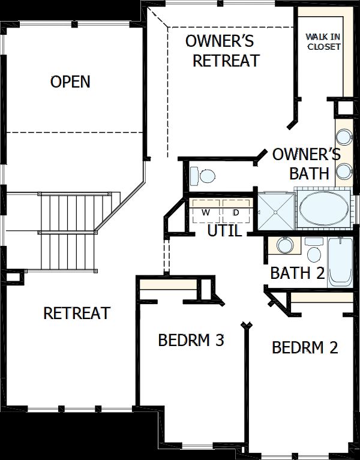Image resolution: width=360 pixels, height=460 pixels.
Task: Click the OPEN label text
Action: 71,82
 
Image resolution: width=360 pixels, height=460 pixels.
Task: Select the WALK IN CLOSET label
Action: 323,41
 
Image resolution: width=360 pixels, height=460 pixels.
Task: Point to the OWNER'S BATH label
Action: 306,163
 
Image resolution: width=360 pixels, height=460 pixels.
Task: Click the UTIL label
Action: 224,230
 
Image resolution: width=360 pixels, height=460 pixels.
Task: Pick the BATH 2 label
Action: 298,273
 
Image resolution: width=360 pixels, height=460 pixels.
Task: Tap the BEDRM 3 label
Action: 191,341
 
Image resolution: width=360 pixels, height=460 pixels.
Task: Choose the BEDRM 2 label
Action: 304,347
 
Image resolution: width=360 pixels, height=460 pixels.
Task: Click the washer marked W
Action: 205,212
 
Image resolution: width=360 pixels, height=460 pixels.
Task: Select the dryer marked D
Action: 236,212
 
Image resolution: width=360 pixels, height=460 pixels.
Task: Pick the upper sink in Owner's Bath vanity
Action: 344,136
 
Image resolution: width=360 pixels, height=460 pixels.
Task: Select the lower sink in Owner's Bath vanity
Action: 344,172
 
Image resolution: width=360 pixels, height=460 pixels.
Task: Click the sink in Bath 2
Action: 285,245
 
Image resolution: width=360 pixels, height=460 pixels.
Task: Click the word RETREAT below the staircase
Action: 77,313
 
